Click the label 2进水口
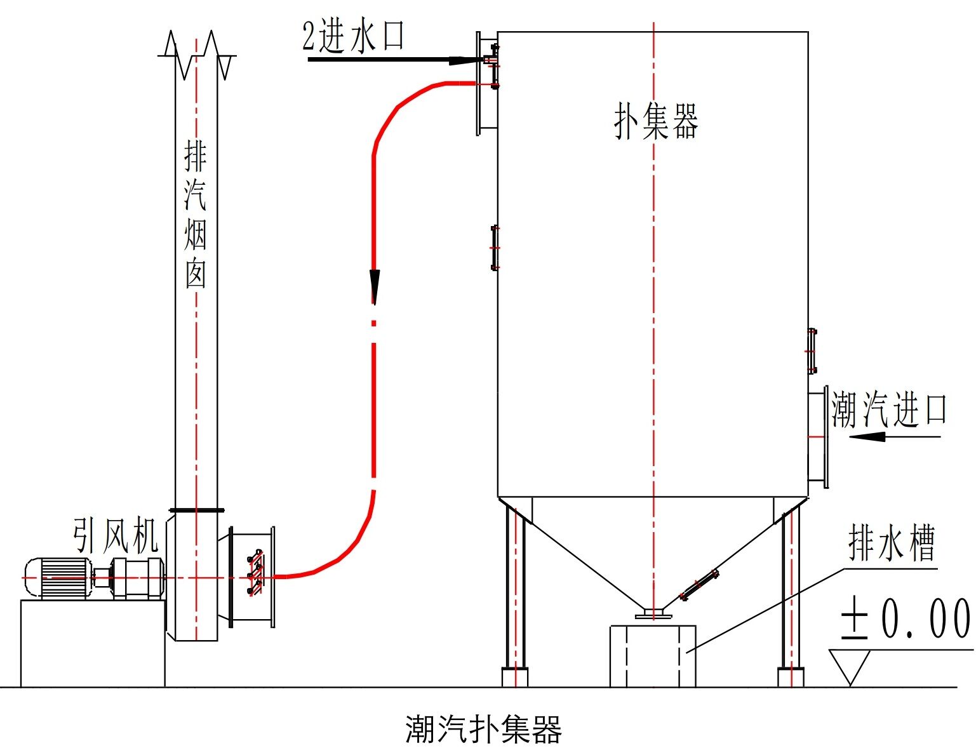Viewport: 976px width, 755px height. pos(353,36)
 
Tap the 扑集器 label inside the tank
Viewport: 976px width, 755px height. pos(656,121)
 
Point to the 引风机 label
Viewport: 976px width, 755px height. pos(115,537)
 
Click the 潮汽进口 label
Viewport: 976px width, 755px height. pos(889,410)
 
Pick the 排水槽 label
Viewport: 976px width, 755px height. pos(891,544)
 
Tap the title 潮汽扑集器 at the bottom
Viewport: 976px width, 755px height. pos(483,729)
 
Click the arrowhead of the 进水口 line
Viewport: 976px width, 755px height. pos(462,61)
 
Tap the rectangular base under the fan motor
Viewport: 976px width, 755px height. pos(93,643)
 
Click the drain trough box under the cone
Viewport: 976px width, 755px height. pos(652,656)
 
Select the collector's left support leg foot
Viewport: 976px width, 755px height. pos(514,677)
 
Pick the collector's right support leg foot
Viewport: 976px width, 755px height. pos(791,677)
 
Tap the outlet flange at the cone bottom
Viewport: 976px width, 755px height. pos(653,614)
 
